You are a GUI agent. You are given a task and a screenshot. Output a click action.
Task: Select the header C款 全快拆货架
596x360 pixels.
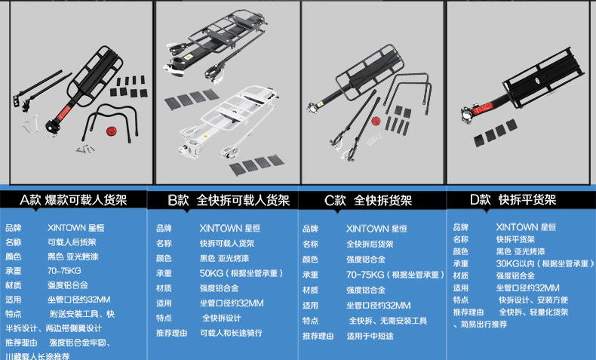coord(368,200)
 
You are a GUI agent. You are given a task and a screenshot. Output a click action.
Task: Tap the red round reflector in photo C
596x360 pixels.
coord(375,121)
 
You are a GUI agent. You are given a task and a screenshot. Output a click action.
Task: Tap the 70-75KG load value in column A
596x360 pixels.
coord(63,270)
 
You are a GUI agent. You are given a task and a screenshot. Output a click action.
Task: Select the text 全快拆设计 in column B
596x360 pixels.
coord(221,318)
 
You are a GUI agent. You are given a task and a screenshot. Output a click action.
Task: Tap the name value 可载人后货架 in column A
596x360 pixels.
coord(72,242)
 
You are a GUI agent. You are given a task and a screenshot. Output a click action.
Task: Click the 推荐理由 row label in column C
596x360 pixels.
coord(317,336)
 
